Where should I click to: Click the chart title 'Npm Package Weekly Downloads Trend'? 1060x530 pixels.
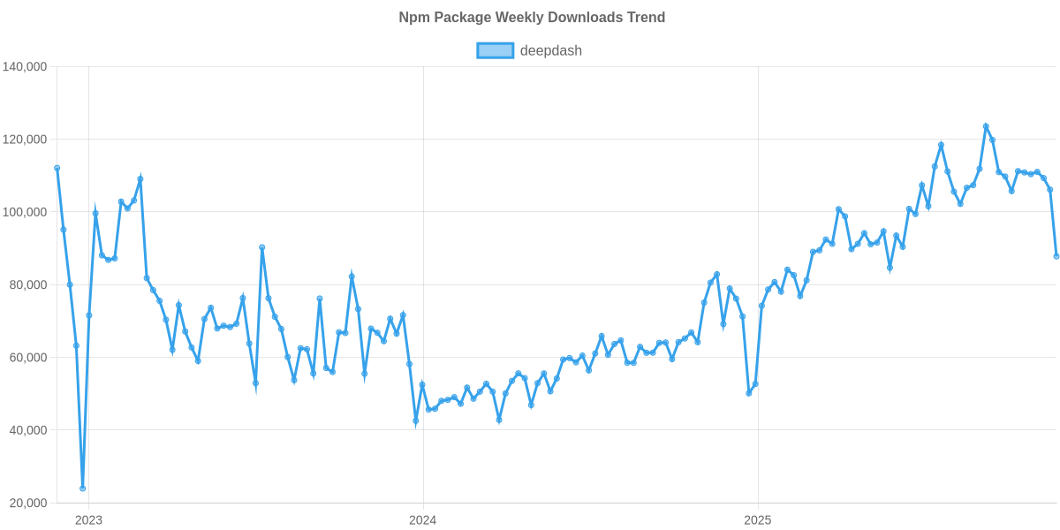(x=531, y=18)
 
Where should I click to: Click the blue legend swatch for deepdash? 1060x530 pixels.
(x=495, y=50)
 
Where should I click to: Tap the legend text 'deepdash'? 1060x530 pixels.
(x=550, y=50)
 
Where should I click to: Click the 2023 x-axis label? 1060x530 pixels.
(x=88, y=520)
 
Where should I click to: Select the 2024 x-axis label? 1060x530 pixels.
(x=422, y=520)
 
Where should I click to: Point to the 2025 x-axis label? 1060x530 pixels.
(x=757, y=520)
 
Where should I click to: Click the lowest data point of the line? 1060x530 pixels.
(x=82, y=488)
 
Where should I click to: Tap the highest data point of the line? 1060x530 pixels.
(x=986, y=126)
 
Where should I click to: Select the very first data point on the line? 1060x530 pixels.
(x=57, y=168)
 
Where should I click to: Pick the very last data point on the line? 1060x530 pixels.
(x=1056, y=256)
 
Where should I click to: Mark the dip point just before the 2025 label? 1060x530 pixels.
(x=749, y=393)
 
